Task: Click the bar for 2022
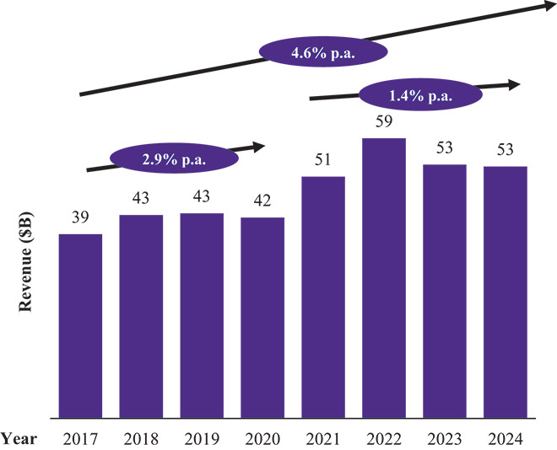tap(383, 277)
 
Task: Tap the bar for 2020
tap(262, 317)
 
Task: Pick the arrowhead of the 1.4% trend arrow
tap(513, 83)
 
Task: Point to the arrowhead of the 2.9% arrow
tap(258, 146)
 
